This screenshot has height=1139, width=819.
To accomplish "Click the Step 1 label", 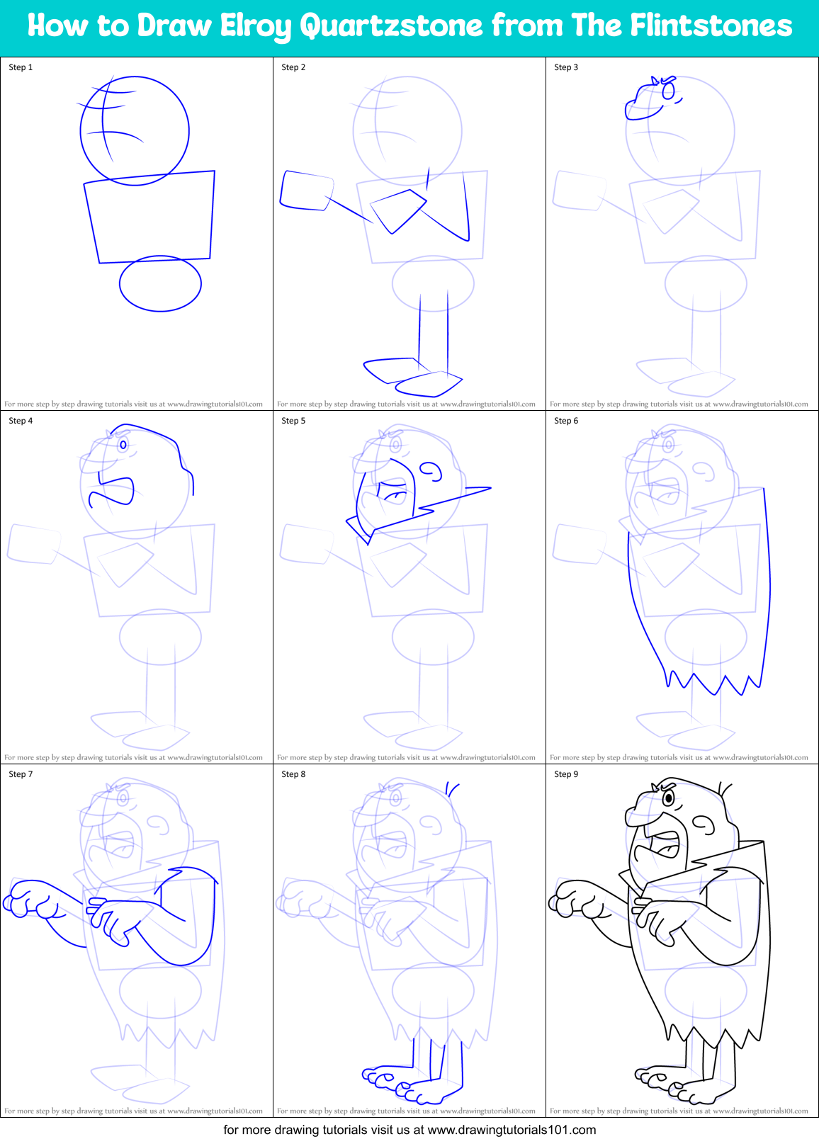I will click(21, 67).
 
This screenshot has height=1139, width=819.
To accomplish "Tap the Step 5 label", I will click(293, 421).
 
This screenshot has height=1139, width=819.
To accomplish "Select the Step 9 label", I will click(566, 774).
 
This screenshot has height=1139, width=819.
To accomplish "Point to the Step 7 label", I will click(21, 774).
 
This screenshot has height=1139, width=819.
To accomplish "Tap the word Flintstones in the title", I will click(711, 26).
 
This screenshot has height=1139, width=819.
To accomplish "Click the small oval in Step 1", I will click(160, 283).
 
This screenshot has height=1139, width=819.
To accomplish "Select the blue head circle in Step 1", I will click(135, 131).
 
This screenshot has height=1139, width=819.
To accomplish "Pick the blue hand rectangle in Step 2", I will click(306, 191).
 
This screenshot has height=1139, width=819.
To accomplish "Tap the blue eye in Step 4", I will click(123, 445).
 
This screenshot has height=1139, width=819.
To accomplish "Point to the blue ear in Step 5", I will click(431, 471).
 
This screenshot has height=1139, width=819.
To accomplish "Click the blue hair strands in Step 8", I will click(452, 788).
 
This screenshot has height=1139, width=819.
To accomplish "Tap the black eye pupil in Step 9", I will click(668, 799).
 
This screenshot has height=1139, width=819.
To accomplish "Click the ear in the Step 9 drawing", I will click(704, 824).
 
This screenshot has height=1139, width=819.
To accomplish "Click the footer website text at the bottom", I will click(409, 1130).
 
